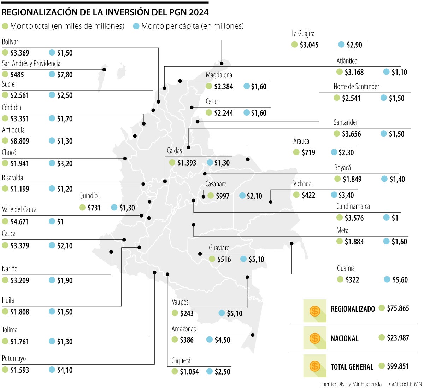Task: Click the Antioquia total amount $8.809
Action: click(20, 141)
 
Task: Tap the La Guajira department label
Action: click(302, 34)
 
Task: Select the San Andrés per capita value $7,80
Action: click(65, 75)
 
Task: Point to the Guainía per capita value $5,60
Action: click(400, 280)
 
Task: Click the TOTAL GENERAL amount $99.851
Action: click(398, 366)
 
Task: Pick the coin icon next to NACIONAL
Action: click(314, 338)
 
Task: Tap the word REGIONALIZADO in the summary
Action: click(353, 309)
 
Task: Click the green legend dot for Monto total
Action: click(5, 26)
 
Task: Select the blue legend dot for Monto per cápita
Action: click(136, 26)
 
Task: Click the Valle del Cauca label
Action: click(19, 209)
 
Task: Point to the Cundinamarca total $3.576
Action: click(354, 218)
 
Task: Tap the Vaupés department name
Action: click(180, 302)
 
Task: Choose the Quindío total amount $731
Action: click(94, 208)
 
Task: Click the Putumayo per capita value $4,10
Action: click(65, 370)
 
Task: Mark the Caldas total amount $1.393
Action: click(187, 163)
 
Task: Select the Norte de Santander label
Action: click(356, 87)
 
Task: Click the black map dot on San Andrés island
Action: click(104, 70)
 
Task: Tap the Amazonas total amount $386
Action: click(187, 340)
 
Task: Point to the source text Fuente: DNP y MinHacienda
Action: click(350, 384)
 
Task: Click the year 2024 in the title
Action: click(199, 12)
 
